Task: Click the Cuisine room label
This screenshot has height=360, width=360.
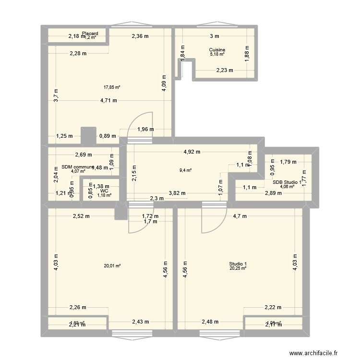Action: (x=217, y=50)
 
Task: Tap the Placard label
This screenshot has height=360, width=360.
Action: (x=90, y=34)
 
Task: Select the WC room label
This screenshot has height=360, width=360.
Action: (x=104, y=191)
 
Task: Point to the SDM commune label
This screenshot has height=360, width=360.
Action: (x=78, y=167)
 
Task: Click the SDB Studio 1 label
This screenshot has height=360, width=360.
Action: (x=287, y=182)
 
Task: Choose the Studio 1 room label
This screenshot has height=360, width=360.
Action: (x=238, y=264)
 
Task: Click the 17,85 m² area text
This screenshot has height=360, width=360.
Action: (x=112, y=87)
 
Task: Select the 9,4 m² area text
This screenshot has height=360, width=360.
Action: (x=186, y=170)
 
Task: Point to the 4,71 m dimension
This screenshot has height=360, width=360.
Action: (x=108, y=101)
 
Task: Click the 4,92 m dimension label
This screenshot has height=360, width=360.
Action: (x=192, y=152)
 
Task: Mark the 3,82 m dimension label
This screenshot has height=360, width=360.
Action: (x=177, y=193)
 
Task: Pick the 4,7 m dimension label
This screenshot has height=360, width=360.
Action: (x=240, y=216)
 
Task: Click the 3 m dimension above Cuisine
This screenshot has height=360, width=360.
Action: (x=214, y=36)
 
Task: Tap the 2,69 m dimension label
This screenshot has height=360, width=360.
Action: (x=83, y=155)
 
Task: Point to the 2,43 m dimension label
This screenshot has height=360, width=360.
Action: (x=140, y=322)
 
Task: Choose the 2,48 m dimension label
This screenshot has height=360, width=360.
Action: (x=211, y=322)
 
